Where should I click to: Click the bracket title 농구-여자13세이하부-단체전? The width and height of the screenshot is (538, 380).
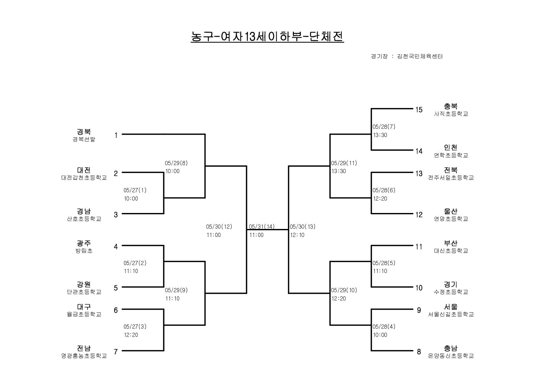pyautogui.click(x=267, y=37)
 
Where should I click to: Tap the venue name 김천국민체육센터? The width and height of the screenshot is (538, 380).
pyautogui.click(x=420, y=57)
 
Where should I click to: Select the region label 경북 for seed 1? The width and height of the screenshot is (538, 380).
pyautogui.click(x=84, y=132)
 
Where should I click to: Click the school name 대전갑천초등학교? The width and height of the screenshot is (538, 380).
pyautogui.click(x=84, y=178)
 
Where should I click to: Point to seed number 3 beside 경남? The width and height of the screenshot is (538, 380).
pyautogui.click(x=116, y=215)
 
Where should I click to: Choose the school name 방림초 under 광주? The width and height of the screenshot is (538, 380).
pyautogui.click(x=84, y=251)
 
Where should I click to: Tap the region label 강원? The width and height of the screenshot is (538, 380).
pyautogui.click(x=84, y=285)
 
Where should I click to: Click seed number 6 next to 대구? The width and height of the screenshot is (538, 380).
pyautogui.click(x=116, y=310)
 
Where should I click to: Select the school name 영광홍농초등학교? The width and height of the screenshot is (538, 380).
pyautogui.click(x=84, y=356)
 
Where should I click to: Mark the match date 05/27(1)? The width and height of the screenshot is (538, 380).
pyautogui.click(x=135, y=190)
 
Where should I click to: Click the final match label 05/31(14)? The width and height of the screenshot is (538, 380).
pyautogui.click(x=262, y=227)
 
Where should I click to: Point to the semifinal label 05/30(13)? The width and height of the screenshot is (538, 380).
pyautogui.click(x=303, y=227)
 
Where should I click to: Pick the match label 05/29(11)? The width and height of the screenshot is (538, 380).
pyautogui.click(x=344, y=163)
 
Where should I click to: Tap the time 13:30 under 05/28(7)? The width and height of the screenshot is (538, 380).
pyautogui.click(x=380, y=135)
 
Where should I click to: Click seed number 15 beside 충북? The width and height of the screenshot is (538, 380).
pyautogui.click(x=419, y=110)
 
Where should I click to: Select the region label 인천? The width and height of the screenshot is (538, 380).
pyautogui.click(x=451, y=148)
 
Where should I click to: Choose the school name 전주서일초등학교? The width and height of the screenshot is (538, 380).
pyautogui.click(x=451, y=178)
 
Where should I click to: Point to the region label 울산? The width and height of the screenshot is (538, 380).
pyautogui.click(x=451, y=211)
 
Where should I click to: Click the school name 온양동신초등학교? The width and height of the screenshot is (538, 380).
pyautogui.click(x=451, y=356)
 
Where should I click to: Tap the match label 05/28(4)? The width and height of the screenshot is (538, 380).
pyautogui.click(x=384, y=327)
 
